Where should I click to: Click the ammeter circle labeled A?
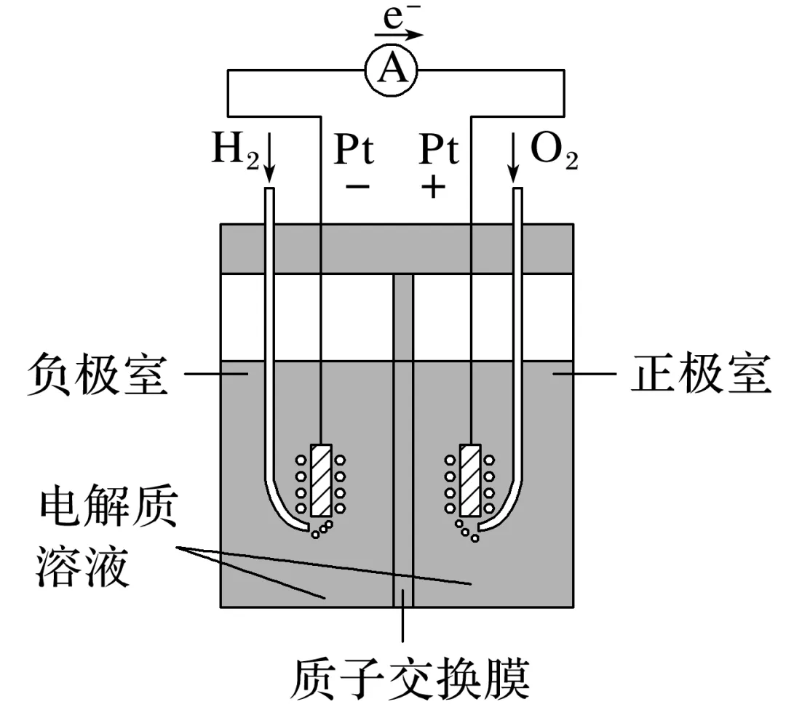394,70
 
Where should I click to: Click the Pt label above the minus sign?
354,151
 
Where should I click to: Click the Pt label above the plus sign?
440,151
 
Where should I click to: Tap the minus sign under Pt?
357,188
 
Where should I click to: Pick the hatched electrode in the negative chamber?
321,480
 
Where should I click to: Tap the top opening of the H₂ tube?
269,191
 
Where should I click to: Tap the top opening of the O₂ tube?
517,191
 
